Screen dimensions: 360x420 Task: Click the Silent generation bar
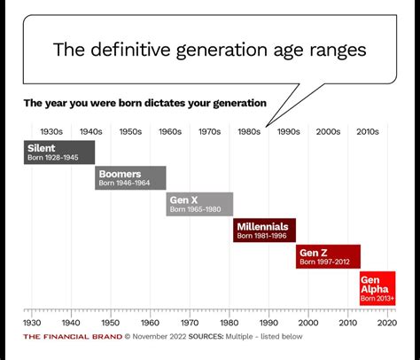(x=58, y=152)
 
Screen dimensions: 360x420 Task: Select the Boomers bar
(x=130, y=177)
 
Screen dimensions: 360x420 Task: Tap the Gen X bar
(x=200, y=204)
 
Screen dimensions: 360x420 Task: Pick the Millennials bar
(x=265, y=231)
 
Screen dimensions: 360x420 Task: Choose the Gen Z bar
(x=328, y=256)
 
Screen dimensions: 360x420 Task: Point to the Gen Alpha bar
(x=377, y=289)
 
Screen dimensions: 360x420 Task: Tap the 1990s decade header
(x=288, y=131)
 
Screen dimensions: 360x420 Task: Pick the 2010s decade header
(x=367, y=131)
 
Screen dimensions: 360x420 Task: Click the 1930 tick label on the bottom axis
(x=31, y=323)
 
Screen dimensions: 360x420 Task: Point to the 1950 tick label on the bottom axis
(x=110, y=323)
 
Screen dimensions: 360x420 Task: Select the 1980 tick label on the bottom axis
(x=229, y=323)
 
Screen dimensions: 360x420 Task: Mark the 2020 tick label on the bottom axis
(x=386, y=323)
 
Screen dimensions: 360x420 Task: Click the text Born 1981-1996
(x=262, y=237)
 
